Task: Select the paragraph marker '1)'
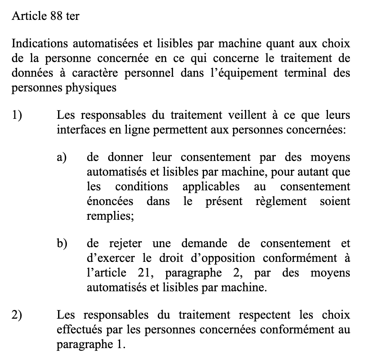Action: (x=17, y=115)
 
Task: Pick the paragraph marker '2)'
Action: (x=17, y=315)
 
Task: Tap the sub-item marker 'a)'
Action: (x=62, y=157)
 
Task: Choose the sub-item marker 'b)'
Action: (x=62, y=243)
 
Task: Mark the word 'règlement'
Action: (x=281, y=201)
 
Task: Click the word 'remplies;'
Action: (x=110, y=216)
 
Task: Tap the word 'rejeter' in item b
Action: (x=124, y=243)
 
